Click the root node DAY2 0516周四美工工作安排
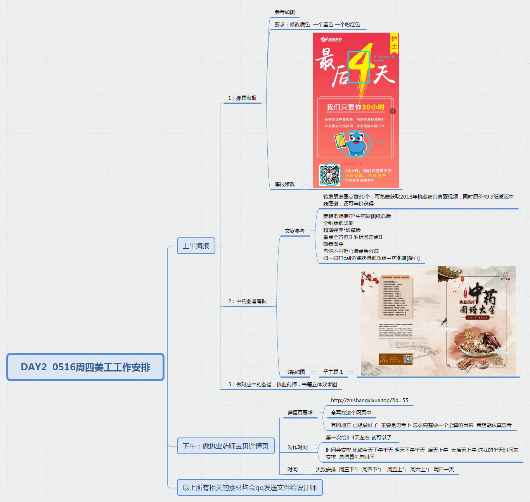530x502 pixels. tap(85, 367)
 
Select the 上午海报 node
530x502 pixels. tap(196, 246)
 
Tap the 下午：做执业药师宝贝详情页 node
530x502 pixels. tap(225, 446)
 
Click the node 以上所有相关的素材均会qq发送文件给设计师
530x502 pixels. tap(249, 488)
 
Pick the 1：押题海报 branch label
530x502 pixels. tap(242, 98)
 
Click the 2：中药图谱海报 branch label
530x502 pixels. tap(248, 301)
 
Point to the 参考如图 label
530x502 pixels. tap(285, 12)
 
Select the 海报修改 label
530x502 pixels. tap(285, 184)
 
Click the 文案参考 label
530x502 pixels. tap(295, 231)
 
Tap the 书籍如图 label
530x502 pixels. tap(295, 372)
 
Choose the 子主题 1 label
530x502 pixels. tap(333, 372)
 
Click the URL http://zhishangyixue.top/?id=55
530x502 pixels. tap(369, 400)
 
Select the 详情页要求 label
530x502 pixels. tap(300, 413)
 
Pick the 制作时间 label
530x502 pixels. tap(298, 447)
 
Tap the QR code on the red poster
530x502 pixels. tap(330, 174)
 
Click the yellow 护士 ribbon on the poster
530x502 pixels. tap(394, 43)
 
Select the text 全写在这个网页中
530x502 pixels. tap(351, 413)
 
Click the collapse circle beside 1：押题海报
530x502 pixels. tap(264, 98)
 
